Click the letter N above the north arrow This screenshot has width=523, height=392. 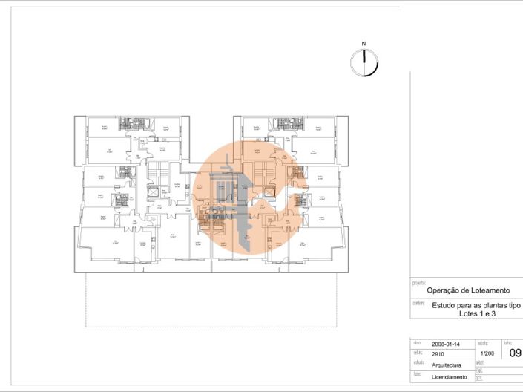(x=364, y=45)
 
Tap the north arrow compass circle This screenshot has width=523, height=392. (x=364, y=63)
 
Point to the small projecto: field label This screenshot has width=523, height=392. (x=418, y=283)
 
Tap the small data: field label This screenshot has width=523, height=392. (x=416, y=342)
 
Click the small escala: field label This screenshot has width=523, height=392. (x=482, y=343)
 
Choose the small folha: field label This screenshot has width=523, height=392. (x=507, y=343)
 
